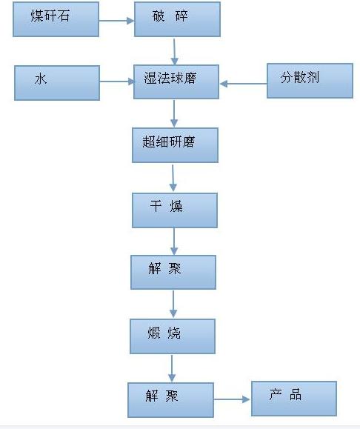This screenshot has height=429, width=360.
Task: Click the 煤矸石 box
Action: click(x=56, y=19)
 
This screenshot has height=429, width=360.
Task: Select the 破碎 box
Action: click(x=177, y=19)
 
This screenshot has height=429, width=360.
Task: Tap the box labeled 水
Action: click(x=57, y=83)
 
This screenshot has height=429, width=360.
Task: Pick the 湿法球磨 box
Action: click(x=176, y=82)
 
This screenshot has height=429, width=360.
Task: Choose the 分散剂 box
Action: click(x=310, y=81)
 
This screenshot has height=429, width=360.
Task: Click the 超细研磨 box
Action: click(x=175, y=145)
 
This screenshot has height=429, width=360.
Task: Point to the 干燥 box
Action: click(x=175, y=210)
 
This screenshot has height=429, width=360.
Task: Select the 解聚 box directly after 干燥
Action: click(x=173, y=272)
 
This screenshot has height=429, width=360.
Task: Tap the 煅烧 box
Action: click(x=173, y=336)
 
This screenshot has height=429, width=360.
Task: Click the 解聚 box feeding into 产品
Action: click(x=170, y=400)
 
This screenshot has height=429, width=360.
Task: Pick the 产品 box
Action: click(x=294, y=399)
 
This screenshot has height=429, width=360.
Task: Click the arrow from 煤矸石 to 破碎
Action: click(x=116, y=21)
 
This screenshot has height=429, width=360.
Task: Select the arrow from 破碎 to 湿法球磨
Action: click(x=174, y=51)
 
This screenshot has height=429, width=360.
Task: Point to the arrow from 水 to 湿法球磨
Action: click(x=117, y=82)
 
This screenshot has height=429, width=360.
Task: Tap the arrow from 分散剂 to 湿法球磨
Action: click(x=243, y=84)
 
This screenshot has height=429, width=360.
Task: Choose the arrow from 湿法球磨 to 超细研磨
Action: click(x=174, y=113)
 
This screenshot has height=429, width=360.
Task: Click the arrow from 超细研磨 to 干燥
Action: click(x=173, y=178)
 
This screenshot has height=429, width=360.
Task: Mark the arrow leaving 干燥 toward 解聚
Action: click(x=174, y=242)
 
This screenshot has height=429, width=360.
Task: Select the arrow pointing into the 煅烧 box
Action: click(x=173, y=304)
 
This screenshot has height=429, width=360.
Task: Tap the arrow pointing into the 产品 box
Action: click(x=232, y=399)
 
